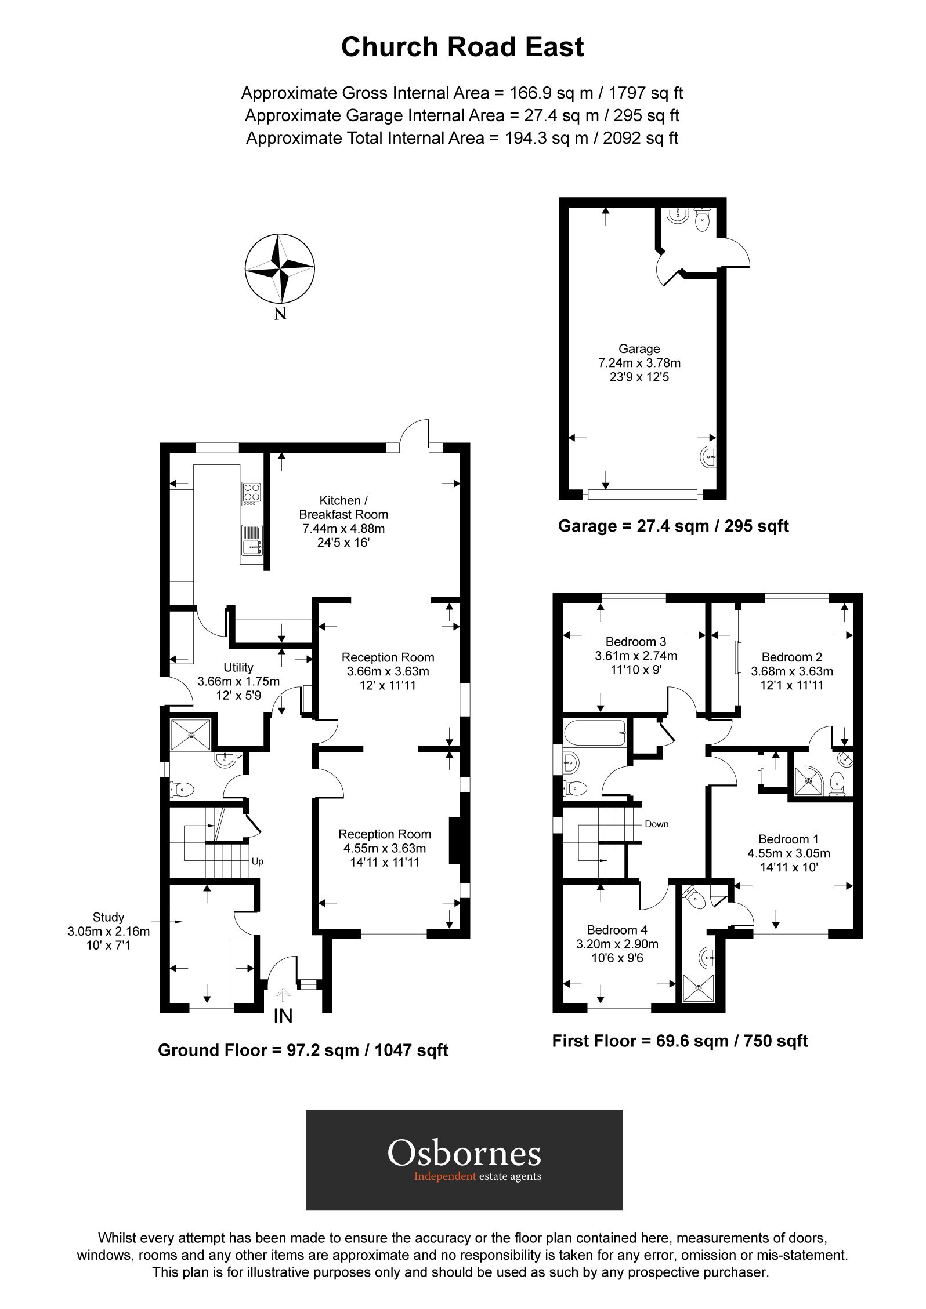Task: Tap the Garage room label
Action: (639, 363)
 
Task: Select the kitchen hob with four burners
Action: (251, 494)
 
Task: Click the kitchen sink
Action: (251, 541)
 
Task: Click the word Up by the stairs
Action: (258, 861)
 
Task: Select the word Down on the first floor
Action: (657, 824)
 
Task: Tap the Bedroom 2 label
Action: (792, 671)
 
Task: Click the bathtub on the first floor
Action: (596, 733)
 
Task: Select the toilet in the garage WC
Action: (703, 219)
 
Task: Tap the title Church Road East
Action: (462, 47)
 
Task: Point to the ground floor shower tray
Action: (191, 735)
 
